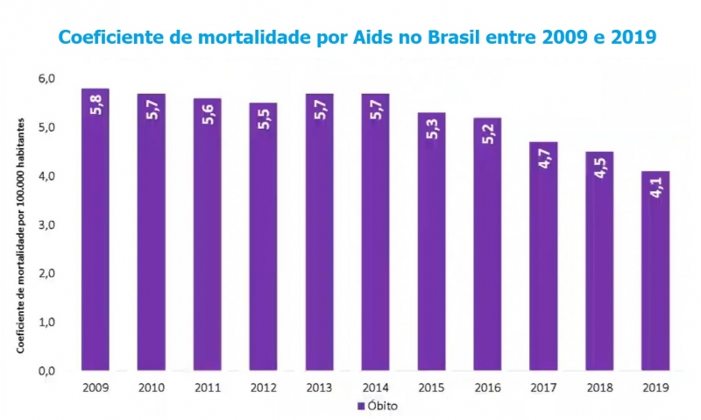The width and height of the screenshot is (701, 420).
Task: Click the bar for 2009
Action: click(95, 230)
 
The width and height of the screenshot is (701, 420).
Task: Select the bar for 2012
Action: click(263, 237)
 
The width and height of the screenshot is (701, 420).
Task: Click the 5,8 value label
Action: click(96, 108)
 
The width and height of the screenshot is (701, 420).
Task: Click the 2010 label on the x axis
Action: click(151, 387)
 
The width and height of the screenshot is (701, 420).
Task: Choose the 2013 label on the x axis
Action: click(319, 387)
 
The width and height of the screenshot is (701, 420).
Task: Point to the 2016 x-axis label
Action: click(487, 387)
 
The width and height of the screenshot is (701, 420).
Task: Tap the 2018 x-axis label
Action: click(599, 387)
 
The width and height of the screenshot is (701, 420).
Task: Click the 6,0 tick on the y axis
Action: click(46, 79)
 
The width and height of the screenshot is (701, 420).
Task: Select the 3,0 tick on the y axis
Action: click(46, 225)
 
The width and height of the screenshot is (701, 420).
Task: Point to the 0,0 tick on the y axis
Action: click(46, 371)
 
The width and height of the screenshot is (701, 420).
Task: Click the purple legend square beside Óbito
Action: click(359, 407)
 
